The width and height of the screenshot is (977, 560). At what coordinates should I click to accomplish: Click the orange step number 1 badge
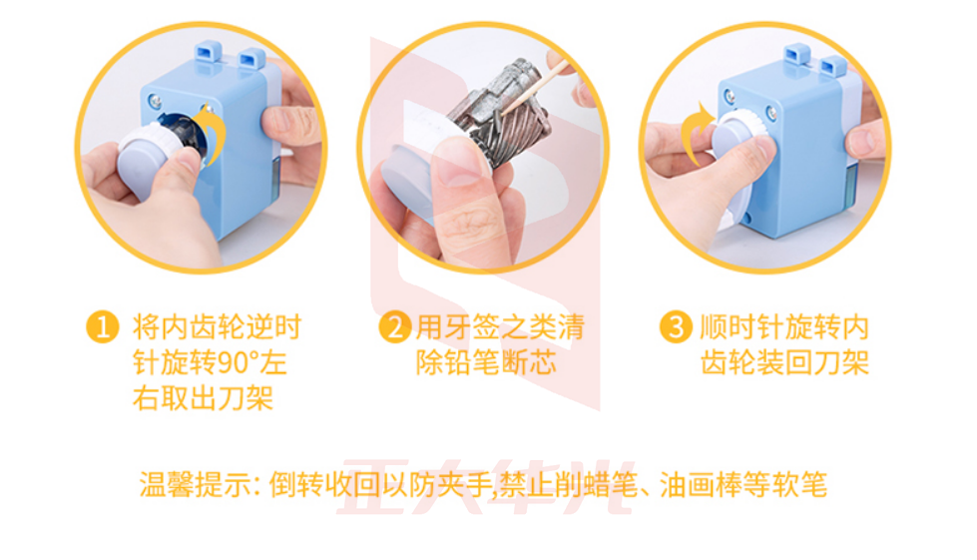103,327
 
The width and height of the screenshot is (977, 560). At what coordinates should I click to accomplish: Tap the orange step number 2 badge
395,327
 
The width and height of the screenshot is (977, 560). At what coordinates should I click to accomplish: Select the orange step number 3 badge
676,327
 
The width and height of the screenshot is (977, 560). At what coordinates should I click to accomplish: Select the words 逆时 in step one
272,327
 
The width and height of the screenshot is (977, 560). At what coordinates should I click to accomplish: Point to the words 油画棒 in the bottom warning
701,484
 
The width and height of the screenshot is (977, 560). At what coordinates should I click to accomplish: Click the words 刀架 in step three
841,362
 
